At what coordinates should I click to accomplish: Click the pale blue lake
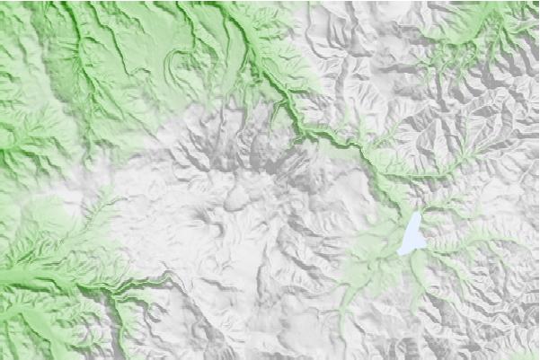[x=412, y=236]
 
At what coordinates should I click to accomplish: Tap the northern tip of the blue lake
[x=417, y=213]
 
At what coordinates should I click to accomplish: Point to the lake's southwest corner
[x=400, y=253]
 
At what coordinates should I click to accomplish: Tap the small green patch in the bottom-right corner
[x=521, y=354]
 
